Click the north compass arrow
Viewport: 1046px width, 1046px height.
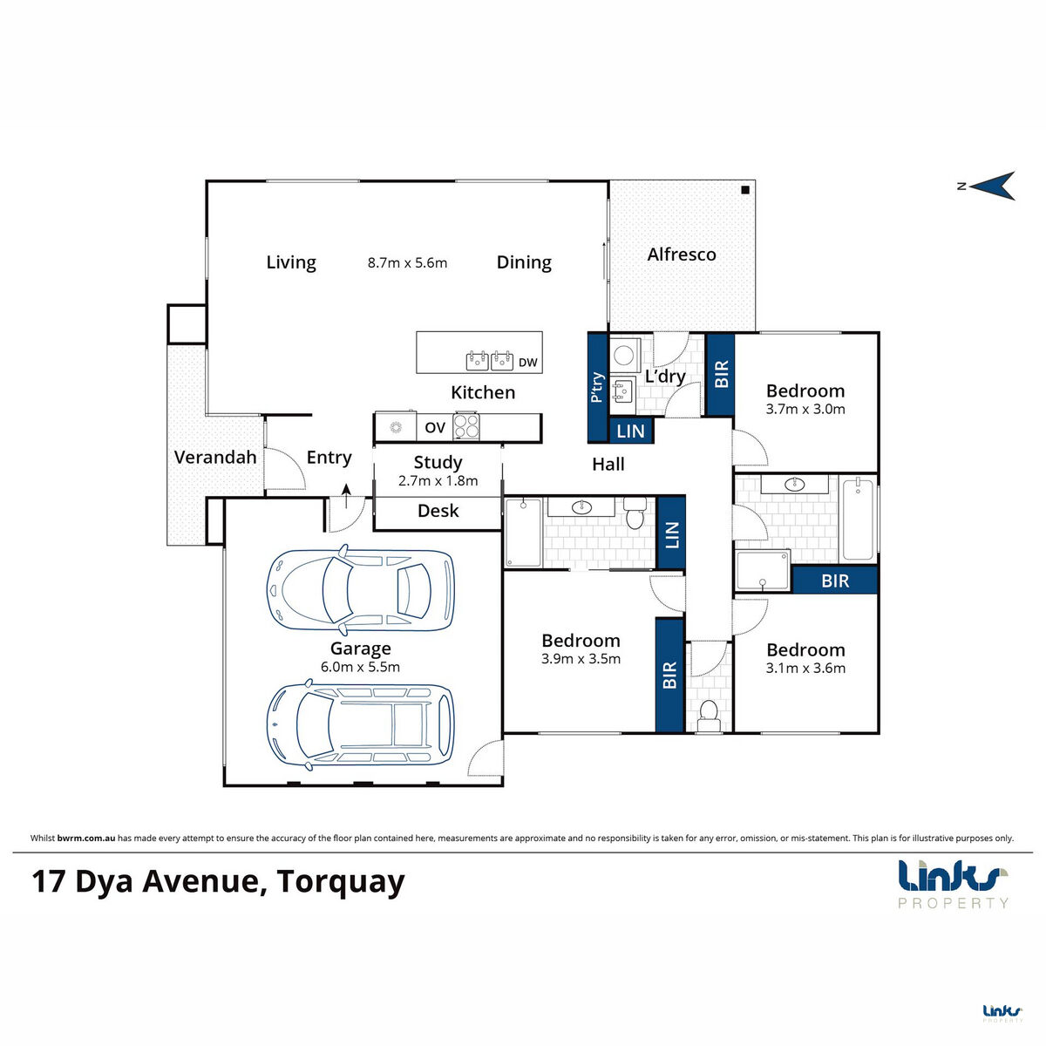(994, 185)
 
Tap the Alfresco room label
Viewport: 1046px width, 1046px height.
(682, 255)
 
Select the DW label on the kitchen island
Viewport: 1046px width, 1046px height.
(528, 362)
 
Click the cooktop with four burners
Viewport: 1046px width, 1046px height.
(465, 426)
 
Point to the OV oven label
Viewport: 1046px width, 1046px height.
(435, 427)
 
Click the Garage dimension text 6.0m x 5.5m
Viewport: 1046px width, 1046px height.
(360, 668)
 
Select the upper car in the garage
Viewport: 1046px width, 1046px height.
(360, 589)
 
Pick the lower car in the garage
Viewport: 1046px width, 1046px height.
(360, 723)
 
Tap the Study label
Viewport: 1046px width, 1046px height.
(438, 462)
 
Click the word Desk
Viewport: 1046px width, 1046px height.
(438, 511)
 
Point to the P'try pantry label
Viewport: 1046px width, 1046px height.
(597, 387)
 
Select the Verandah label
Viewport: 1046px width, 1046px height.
(215, 457)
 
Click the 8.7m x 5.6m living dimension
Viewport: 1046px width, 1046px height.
(407, 262)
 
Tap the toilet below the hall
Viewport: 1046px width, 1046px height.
(708, 713)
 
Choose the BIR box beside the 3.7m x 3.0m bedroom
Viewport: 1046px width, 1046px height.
(721, 375)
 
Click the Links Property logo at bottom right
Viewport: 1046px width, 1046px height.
(953, 882)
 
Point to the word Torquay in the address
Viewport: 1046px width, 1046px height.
(341, 881)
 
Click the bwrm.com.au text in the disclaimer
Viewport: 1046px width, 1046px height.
(86, 838)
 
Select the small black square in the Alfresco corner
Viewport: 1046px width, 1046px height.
(745, 190)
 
